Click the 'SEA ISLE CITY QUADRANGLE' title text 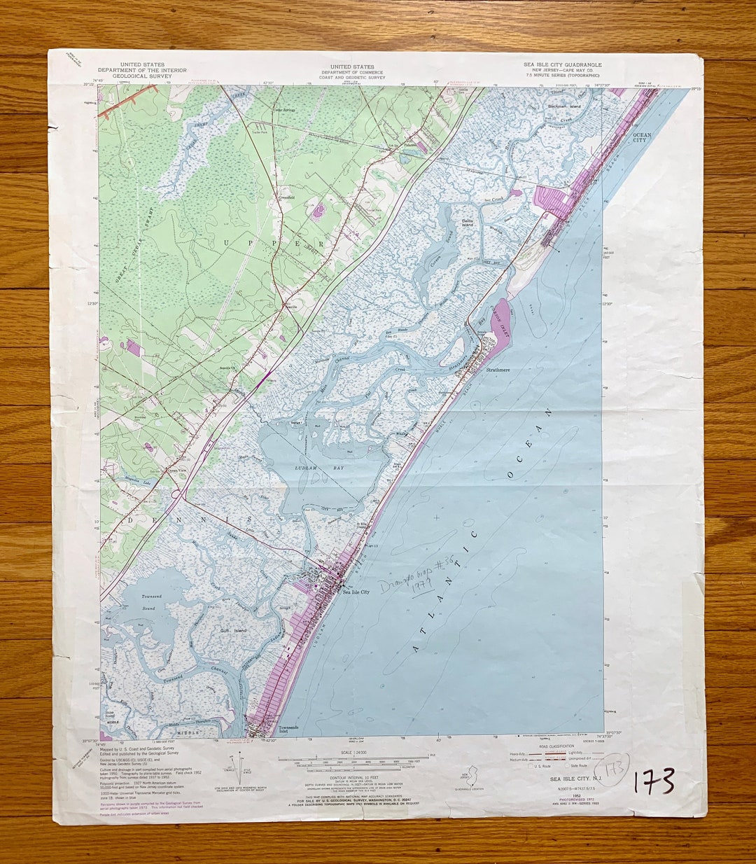pyautogui.click(x=562, y=64)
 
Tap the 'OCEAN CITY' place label pyautogui.click(x=641, y=137)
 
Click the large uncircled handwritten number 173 pyautogui.click(x=654, y=781)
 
